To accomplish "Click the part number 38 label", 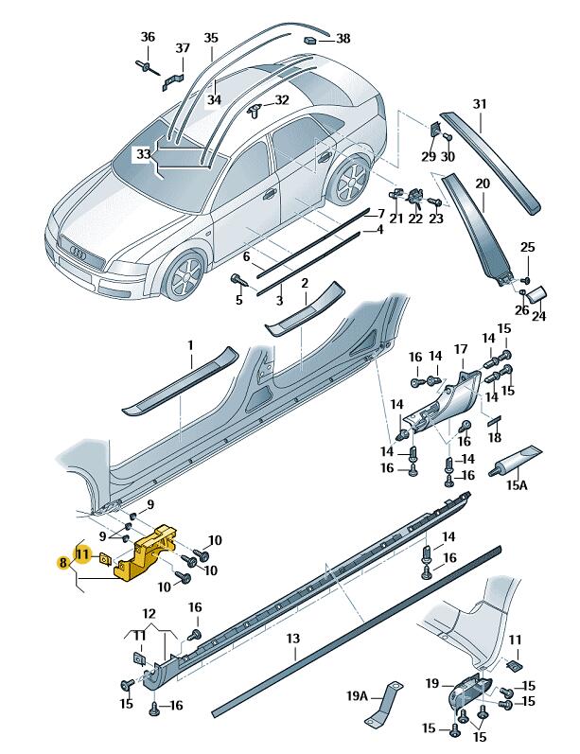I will coord(343,39).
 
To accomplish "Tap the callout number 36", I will coord(147,37).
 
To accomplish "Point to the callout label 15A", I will coord(516,486).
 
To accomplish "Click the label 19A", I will coord(357,695).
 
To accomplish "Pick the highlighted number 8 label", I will coord(63,562).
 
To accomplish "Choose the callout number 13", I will coord(293,640).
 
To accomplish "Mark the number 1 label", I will coord(189,345).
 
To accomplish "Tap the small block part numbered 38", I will coord(310,41).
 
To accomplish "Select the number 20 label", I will coord(482,184).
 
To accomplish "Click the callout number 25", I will coord(526,248).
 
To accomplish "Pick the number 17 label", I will coord(461,350).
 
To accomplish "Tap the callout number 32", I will coord(282,99).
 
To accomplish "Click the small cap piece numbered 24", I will coord(535,294).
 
